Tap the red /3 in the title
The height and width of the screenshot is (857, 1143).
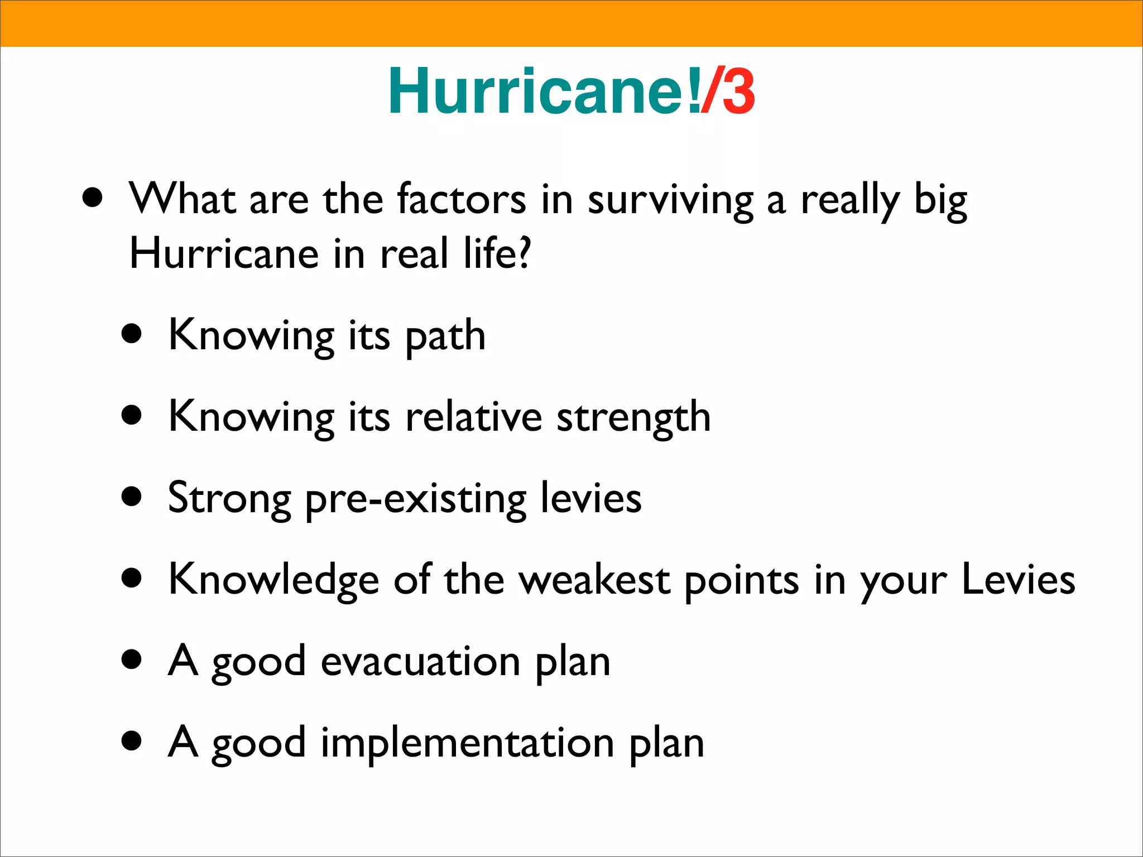click(728, 92)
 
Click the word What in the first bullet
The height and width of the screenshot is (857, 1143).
click(181, 199)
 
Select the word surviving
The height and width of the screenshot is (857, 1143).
click(670, 201)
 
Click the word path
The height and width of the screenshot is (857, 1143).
click(445, 336)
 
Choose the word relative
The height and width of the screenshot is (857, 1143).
click(473, 417)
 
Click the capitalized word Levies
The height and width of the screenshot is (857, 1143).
click(1018, 580)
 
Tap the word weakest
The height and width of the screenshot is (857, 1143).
click(594, 580)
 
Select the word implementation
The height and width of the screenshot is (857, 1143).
click(467, 744)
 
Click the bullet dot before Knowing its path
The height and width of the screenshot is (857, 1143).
click(132, 335)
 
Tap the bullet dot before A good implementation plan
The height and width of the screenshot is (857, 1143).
click(132, 742)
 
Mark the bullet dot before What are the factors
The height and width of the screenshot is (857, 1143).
click(92, 198)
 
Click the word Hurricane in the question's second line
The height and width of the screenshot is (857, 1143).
click(224, 254)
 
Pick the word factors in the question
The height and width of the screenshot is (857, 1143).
click(461, 199)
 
